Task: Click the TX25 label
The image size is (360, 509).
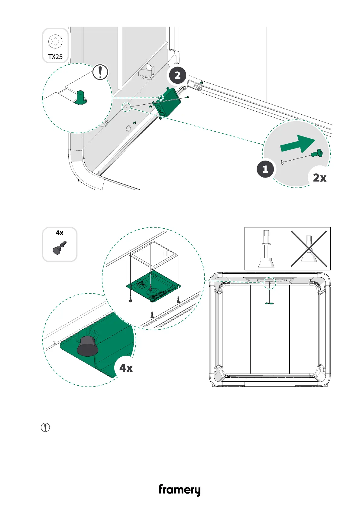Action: (x=55, y=57)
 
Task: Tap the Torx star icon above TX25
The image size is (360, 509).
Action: (x=55, y=41)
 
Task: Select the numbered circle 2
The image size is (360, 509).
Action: (x=177, y=75)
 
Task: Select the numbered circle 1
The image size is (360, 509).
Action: (x=265, y=169)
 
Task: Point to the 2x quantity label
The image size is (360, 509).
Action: (x=319, y=178)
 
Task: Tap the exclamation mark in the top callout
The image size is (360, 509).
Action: (x=100, y=72)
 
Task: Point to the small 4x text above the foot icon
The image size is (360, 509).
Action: (x=60, y=233)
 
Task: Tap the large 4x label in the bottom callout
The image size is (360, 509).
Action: (x=126, y=368)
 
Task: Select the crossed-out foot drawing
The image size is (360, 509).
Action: (x=309, y=249)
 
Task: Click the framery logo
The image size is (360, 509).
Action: (x=180, y=490)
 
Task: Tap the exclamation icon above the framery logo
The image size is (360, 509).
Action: (x=45, y=427)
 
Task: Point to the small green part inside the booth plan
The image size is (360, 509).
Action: (x=269, y=303)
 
